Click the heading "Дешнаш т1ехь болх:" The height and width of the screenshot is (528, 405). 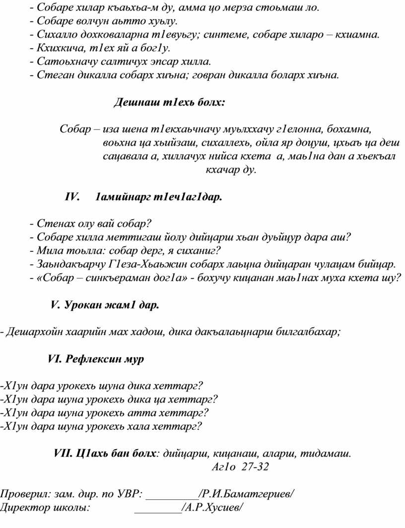click(170, 103)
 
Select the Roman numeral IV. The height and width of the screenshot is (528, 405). click(72, 197)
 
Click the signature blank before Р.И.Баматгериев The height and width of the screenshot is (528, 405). click(173, 495)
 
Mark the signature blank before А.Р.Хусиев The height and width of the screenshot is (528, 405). click(158, 508)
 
